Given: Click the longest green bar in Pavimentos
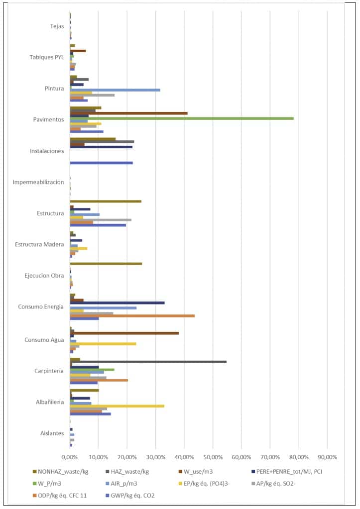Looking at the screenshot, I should [182, 118].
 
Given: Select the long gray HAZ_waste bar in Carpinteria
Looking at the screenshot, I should [148, 362].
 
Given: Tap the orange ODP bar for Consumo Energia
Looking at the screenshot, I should [132, 316].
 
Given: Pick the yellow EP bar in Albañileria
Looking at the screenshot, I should [117, 406].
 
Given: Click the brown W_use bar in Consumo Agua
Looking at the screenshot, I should [124, 333].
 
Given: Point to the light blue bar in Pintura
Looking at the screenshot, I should [115, 90].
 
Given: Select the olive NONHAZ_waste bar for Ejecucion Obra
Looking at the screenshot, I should [106, 264].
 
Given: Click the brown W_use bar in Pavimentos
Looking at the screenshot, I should [128, 113].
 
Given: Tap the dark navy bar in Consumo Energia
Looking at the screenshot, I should [117, 303].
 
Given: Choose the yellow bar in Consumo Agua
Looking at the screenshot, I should [103, 344].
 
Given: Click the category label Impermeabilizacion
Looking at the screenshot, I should [38, 182].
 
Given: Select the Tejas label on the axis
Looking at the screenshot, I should [57, 26].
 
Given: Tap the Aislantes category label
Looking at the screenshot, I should [52, 433].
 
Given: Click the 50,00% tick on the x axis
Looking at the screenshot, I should [213, 457].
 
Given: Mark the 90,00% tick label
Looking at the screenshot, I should [327, 457].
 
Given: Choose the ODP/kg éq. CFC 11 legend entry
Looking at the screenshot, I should [62, 495].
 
